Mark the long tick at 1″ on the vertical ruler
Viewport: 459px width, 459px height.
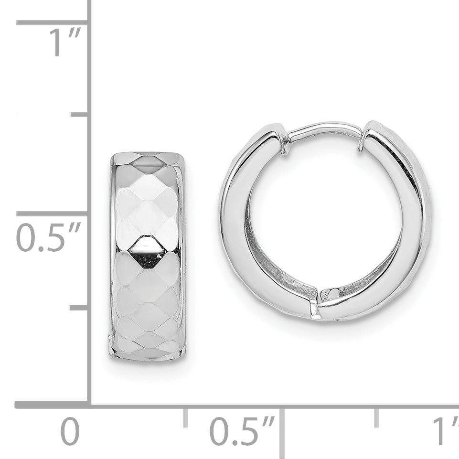tap(52, 22)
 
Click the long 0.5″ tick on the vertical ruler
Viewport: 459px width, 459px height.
tap(52, 213)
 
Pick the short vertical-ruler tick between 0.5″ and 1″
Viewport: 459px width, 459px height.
tap(79, 115)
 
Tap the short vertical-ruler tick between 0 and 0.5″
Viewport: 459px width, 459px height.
tap(79, 308)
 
